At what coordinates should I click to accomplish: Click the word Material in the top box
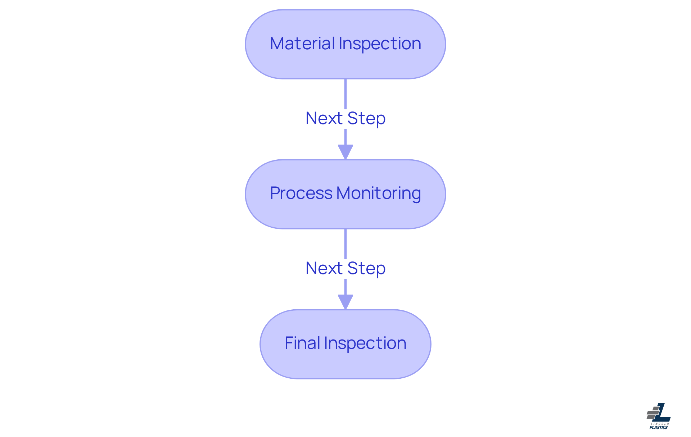[302, 44]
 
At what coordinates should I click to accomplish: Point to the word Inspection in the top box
[380, 44]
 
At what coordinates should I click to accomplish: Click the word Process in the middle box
[301, 194]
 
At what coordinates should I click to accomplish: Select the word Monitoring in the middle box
[379, 194]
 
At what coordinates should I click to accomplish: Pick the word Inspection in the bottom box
[365, 343]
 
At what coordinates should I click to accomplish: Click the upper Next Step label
[345, 118]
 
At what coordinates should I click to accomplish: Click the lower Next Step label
[345, 268]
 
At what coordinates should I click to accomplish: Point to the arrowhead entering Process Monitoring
[345, 151]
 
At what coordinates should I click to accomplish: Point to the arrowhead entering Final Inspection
[345, 301]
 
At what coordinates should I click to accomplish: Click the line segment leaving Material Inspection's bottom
[345, 94]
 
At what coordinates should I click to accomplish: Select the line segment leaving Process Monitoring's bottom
[345, 243]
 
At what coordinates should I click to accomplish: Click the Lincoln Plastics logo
[659, 416]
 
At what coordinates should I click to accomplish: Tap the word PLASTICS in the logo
[659, 427]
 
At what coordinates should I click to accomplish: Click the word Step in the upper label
[366, 118]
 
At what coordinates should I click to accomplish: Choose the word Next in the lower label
[324, 268]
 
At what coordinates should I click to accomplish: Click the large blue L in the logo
[662, 414]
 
